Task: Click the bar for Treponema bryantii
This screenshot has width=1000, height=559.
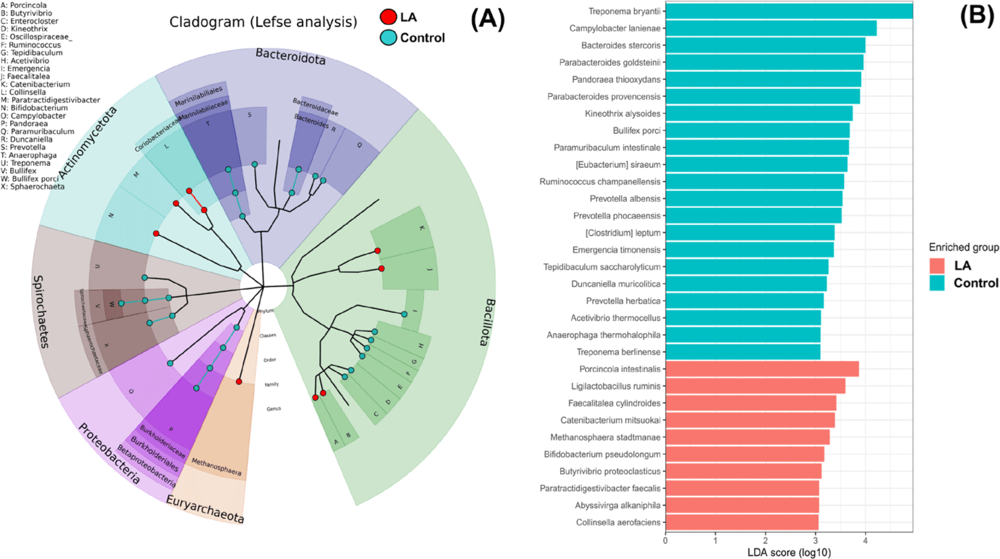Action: [788, 12]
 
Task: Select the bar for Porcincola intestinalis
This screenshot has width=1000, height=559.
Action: [762, 369]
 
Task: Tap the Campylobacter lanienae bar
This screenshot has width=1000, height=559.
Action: [771, 28]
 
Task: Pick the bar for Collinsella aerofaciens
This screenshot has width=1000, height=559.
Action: [742, 522]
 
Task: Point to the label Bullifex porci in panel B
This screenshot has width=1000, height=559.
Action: [636, 131]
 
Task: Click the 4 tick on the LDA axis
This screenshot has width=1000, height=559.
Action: [865, 540]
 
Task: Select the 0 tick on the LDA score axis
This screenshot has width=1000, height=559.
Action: [665, 540]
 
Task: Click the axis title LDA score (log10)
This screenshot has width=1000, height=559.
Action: [788, 552]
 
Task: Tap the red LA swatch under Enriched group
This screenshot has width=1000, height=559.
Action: [937, 266]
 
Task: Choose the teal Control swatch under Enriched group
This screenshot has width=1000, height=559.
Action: [937, 283]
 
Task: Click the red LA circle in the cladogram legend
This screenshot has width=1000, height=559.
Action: [388, 18]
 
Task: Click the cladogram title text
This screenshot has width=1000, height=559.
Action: [263, 22]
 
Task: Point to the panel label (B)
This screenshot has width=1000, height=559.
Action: [976, 15]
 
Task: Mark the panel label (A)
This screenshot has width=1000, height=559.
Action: [487, 20]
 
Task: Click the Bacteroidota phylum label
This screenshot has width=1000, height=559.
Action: [290, 56]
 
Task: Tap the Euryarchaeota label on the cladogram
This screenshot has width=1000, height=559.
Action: [205, 509]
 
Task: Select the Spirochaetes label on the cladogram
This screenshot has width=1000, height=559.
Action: [41, 311]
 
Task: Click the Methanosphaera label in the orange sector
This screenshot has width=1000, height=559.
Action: [216, 466]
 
